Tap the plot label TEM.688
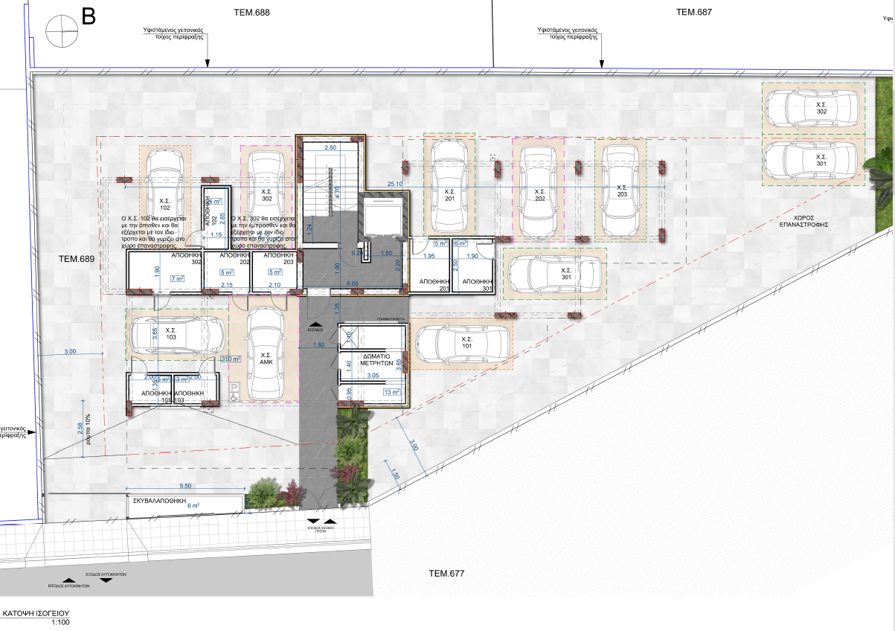[251, 13]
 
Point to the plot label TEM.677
[446, 573]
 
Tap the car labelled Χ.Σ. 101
[462, 345]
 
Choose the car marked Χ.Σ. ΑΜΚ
[266, 353]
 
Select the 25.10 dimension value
[395, 184]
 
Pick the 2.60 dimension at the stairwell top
[331, 148]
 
